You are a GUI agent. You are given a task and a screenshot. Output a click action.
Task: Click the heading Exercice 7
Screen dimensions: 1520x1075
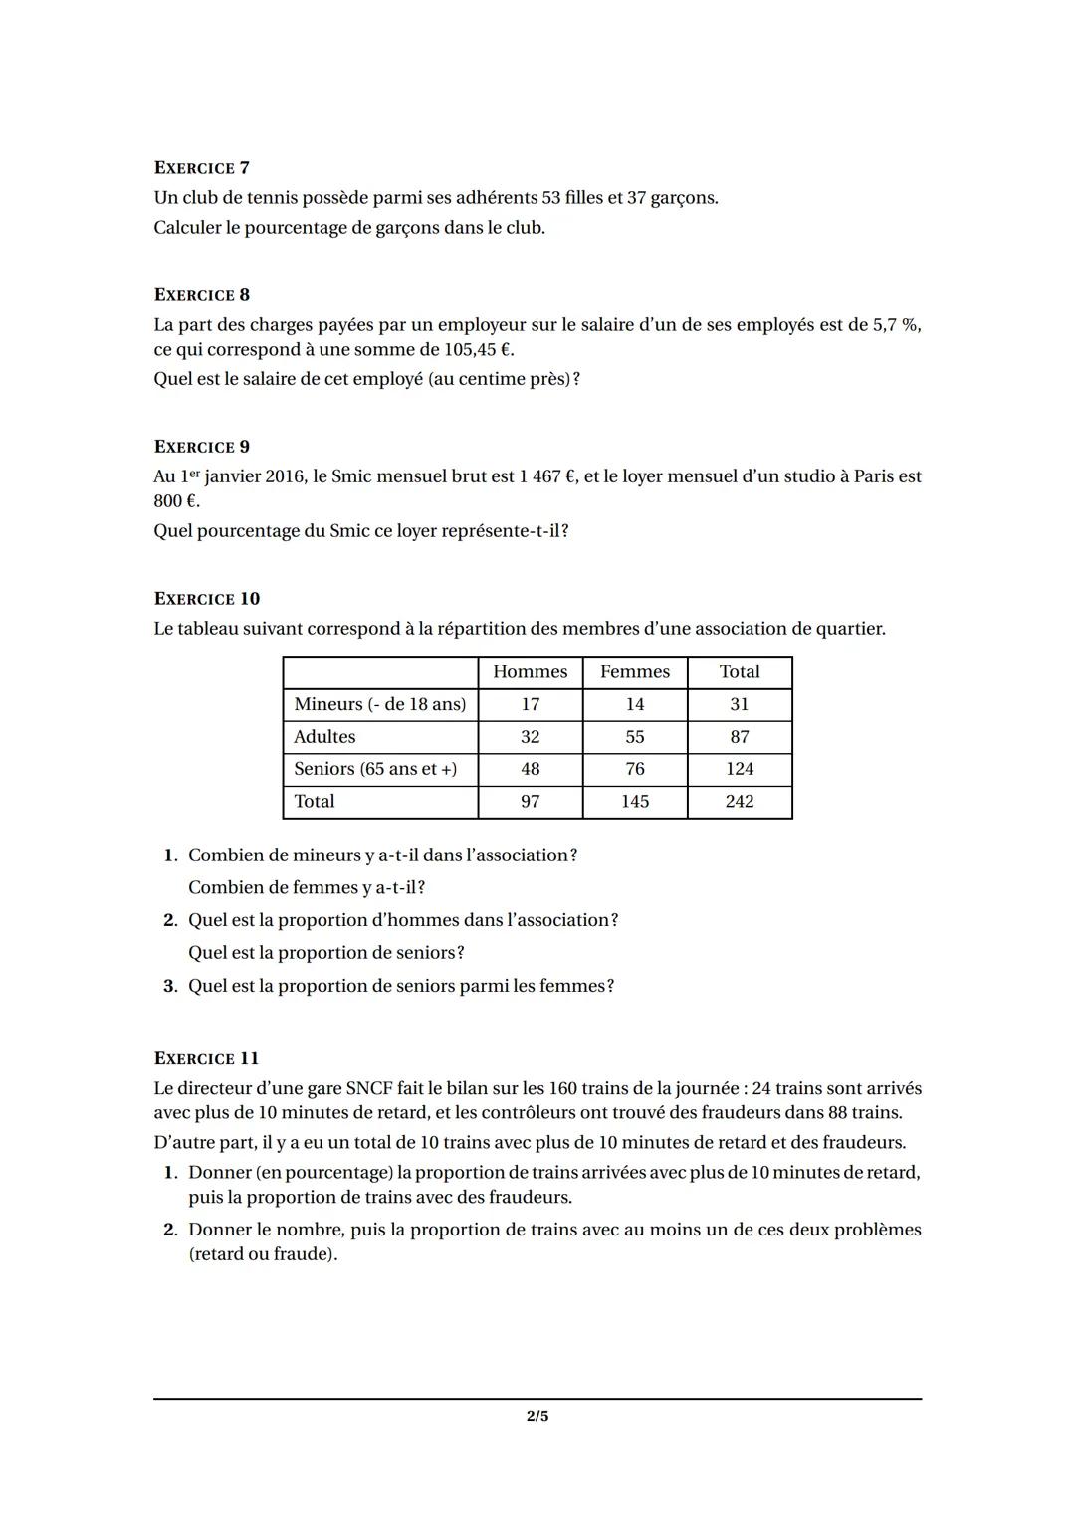pos(201,168)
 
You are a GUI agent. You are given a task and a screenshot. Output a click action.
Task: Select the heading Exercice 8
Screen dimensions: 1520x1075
pos(201,295)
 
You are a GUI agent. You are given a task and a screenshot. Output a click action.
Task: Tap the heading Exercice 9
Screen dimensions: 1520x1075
pos(201,447)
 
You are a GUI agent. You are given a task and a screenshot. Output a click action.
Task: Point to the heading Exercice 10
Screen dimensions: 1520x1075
pos(206,599)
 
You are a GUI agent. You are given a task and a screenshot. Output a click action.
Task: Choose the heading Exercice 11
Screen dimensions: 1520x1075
pos(206,1059)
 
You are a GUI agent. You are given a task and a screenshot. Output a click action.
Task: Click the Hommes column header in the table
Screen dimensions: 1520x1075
pos(530,672)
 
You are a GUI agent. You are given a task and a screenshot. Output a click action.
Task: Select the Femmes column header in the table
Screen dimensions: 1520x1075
pos(634,672)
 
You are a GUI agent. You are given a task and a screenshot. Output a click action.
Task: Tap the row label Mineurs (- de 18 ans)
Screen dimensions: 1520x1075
pos(379,704)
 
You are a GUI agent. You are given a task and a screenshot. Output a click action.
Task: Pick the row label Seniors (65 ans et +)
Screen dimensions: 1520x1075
pos(375,769)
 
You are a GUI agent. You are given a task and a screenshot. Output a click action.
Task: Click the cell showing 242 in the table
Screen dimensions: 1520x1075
pos(739,802)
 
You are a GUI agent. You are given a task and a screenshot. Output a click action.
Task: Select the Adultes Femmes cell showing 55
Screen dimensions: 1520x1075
pos(634,737)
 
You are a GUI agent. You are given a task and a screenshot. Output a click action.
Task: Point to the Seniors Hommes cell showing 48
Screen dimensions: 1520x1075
pos(530,769)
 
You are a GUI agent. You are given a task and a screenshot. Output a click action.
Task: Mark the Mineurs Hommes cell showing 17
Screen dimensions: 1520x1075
pos(530,704)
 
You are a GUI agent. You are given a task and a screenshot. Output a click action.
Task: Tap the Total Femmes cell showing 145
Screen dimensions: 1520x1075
pos(634,802)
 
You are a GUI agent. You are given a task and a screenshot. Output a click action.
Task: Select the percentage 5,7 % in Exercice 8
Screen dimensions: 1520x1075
pos(896,325)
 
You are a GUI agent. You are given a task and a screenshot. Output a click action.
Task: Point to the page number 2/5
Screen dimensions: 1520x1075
pos(537,1416)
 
